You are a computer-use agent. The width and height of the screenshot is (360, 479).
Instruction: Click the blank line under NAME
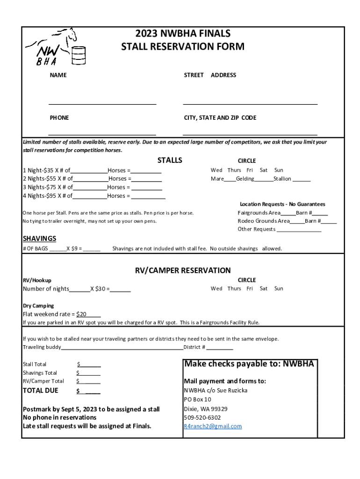[102, 104]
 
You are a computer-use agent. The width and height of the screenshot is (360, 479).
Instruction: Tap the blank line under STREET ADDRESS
[250, 103]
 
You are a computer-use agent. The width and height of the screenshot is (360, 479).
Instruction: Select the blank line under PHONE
[102, 134]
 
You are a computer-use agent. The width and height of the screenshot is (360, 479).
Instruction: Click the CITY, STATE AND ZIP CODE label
[220, 118]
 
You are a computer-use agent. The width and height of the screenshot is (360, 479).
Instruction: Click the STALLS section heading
[170, 160]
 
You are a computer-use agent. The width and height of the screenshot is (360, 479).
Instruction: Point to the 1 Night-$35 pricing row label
[41, 170]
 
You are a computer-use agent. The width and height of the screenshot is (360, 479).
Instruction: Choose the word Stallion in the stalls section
[282, 179]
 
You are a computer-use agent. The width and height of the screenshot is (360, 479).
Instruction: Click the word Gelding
[245, 179]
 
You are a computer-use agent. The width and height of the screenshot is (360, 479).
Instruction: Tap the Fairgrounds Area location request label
[259, 213]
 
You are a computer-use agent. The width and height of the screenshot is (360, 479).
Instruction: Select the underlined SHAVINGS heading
[39, 239]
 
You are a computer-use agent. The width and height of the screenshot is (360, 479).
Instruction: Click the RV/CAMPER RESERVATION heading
[183, 270]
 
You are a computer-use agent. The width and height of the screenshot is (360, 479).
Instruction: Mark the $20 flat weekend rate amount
[81, 314]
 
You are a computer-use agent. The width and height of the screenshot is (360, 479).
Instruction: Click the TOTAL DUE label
[41, 391]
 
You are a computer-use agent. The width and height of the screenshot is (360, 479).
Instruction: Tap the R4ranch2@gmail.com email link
[213, 426]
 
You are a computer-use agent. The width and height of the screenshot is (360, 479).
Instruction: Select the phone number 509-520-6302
[202, 417]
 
